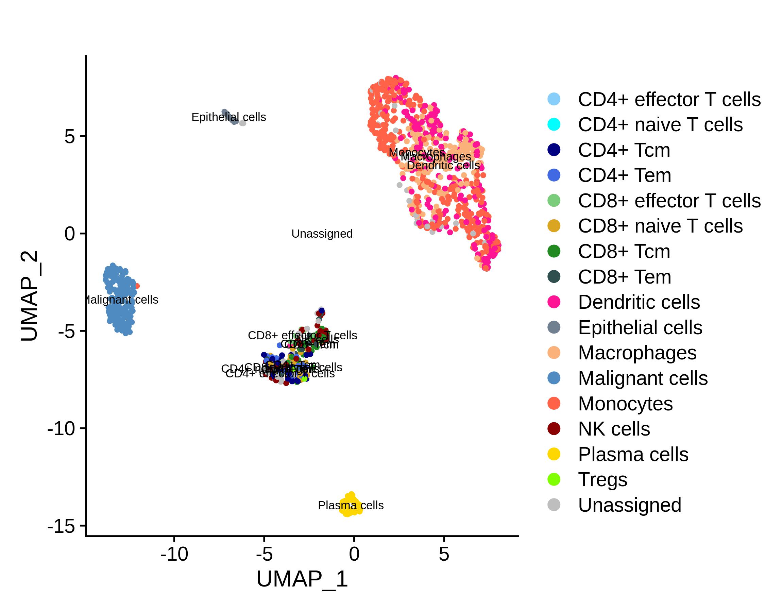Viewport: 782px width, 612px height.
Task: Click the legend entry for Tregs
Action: tap(602, 480)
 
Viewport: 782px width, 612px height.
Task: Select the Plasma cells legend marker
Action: tap(554, 454)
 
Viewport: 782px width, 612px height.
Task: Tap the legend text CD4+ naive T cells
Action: tap(660, 125)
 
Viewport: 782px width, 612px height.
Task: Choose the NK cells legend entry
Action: tap(614, 429)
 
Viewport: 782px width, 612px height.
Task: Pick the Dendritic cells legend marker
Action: tap(554, 302)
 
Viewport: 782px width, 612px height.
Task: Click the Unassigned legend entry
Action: tap(629, 505)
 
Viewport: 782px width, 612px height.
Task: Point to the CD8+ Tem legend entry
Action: tap(624, 277)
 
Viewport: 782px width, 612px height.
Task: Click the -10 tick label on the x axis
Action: tap(174, 555)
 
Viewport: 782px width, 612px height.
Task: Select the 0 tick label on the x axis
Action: tap(354, 555)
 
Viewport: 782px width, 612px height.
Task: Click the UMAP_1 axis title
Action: tap(302, 579)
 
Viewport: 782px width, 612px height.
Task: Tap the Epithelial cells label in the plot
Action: tap(228, 117)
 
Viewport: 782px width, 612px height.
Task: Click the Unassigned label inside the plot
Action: tap(322, 234)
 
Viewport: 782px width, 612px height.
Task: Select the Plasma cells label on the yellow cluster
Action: tap(350, 506)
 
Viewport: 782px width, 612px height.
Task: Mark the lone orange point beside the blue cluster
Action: tap(137, 286)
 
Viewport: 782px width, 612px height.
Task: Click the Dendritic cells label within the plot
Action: tap(443, 166)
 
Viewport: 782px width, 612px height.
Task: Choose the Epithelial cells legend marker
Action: tap(554, 327)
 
